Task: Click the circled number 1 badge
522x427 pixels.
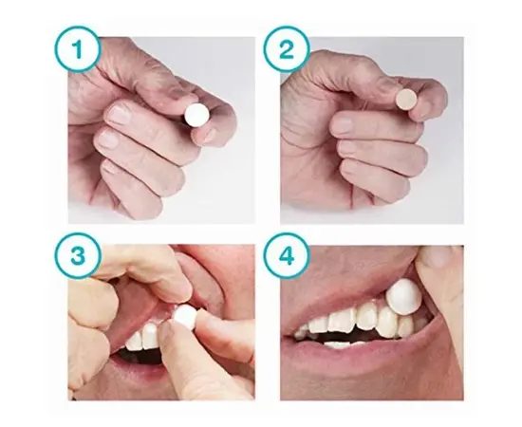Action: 78,49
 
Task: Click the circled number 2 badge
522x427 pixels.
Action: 287,49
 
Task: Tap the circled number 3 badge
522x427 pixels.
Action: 78,255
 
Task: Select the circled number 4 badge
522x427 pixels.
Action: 287,255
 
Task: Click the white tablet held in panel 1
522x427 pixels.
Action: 197,115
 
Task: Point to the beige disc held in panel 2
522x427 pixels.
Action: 406,100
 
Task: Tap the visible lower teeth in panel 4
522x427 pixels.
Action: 343,344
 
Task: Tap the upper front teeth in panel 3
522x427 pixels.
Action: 143,336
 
